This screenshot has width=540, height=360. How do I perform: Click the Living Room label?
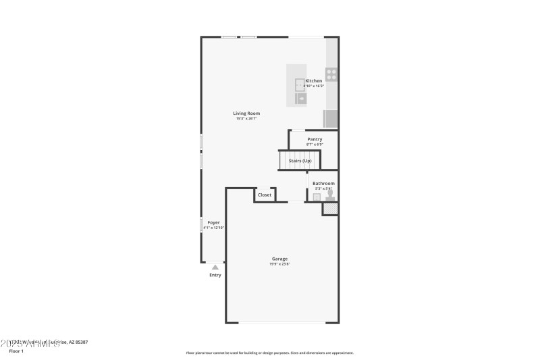coord(246,113)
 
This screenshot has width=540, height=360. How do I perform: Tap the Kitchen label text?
coord(314,81)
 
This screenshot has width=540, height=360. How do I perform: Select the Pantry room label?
coord(315,139)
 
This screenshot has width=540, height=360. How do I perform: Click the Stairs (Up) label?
coord(300,161)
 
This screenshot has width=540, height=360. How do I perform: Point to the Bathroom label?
coord(323,183)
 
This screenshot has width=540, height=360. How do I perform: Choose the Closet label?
coord(265,195)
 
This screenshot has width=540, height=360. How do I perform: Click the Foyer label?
coord(213,222)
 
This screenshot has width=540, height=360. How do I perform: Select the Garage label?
coord(279,259)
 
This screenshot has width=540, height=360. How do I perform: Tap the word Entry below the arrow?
coord(215,275)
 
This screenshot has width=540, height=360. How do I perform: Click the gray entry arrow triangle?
coord(215,267)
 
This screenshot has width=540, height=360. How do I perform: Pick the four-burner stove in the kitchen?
coord(331,74)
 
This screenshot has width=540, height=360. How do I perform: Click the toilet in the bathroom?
coord(330,195)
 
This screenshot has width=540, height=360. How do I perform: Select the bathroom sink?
coord(316,197)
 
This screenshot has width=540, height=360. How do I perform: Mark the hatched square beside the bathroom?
coord(330,209)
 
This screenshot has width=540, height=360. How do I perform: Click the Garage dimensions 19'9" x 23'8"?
coord(279,264)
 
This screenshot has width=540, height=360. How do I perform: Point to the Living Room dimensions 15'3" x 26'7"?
coord(246,118)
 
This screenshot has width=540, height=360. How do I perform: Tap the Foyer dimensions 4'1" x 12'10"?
coord(213,228)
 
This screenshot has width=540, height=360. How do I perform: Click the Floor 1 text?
coord(16,351)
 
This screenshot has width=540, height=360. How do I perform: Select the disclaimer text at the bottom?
coord(269,353)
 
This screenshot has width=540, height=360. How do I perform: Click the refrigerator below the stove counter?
coord(331,118)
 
